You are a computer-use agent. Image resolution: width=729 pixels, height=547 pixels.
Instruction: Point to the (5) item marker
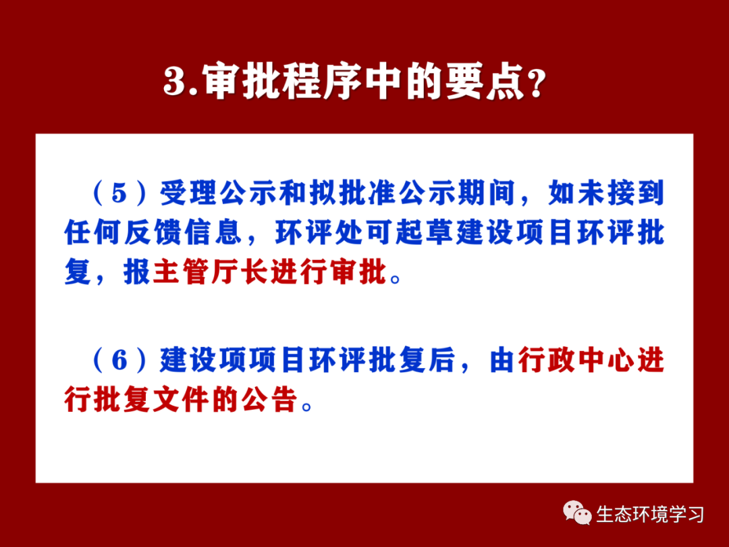[119, 192]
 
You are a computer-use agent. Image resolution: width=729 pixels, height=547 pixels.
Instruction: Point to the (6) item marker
[119, 360]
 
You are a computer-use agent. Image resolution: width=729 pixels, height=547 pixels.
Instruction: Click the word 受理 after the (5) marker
[189, 192]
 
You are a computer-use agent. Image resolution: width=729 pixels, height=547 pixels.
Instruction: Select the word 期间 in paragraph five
[487, 192]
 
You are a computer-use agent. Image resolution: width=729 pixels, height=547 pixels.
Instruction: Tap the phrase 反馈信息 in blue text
[183, 232]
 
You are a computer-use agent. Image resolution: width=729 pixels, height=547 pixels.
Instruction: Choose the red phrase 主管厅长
[211, 272]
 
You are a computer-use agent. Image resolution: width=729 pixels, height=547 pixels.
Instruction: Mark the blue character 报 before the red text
[136, 272]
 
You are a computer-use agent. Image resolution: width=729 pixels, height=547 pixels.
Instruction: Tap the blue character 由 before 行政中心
[502, 360]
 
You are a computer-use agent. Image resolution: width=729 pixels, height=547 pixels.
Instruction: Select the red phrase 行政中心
[576, 360]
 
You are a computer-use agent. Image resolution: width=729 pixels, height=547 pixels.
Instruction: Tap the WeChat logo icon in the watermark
[577, 513]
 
